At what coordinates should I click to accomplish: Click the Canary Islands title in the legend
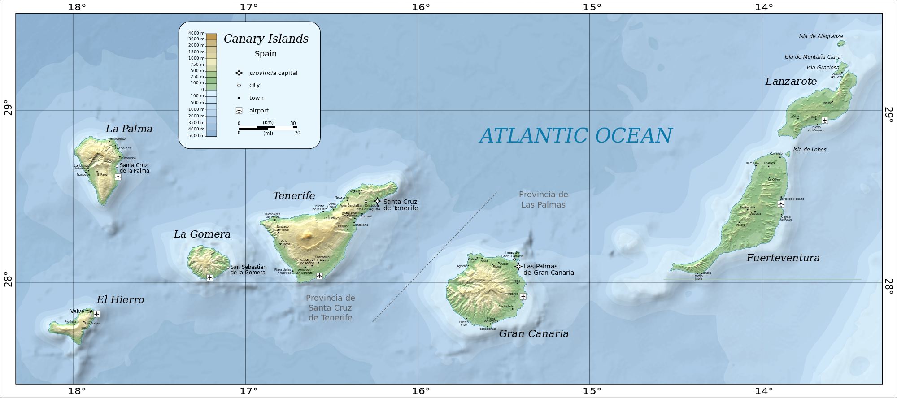pos(266,39)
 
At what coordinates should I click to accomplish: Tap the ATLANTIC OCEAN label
pos(576,136)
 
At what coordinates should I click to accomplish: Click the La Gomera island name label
pos(202,234)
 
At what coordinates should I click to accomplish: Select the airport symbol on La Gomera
pos(209,277)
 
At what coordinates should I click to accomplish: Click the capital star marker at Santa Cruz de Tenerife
pos(377,201)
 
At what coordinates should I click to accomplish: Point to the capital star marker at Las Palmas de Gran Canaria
pos(518,267)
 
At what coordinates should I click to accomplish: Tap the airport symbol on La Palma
pos(118,177)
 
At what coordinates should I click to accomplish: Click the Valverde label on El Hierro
pos(81,311)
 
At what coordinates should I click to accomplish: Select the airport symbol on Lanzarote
pos(824,120)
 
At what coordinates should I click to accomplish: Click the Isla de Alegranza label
pos(821,36)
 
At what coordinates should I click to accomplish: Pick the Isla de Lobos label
pos(810,150)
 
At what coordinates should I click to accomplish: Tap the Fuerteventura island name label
pos(783,258)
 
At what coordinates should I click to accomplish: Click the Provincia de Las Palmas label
pos(543,199)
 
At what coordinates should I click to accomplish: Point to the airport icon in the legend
pos(239,111)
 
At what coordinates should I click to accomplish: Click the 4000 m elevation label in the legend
pos(196,33)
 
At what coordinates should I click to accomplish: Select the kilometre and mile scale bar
pos(268,128)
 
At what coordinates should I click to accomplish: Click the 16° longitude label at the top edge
pos(421,7)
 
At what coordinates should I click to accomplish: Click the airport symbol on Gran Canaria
pos(523,296)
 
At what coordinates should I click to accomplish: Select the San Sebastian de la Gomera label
pos(248,270)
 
